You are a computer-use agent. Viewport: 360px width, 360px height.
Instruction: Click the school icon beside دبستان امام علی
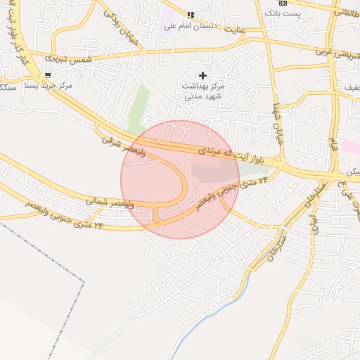[190, 15]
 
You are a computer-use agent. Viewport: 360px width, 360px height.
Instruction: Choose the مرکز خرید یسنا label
[49, 86]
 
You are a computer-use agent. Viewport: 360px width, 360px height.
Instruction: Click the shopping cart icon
[48, 75]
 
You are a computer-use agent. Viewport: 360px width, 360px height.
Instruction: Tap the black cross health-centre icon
[203, 75]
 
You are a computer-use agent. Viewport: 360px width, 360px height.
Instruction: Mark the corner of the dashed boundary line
[84, 282]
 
